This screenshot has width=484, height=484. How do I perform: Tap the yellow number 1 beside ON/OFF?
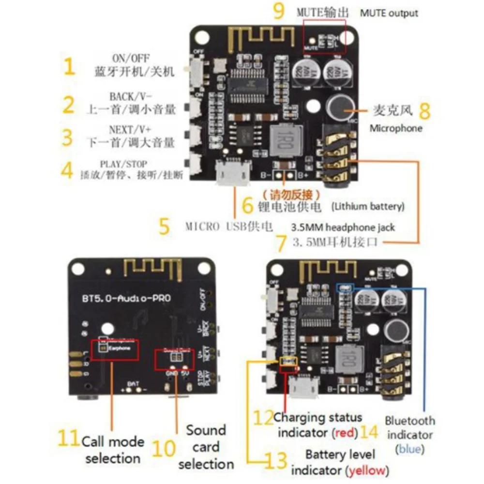pyautogui.click(x=70, y=66)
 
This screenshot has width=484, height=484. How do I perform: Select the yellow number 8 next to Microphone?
pyautogui.click(x=424, y=111)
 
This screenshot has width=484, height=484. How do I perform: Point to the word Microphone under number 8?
pyautogui.click(x=396, y=128)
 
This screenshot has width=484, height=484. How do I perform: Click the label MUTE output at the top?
pyautogui.click(x=389, y=13)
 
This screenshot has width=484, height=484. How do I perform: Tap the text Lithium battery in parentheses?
pyautogui.click(x=368, y=207)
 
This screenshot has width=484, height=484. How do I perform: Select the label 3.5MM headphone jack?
pyautogui.click(x=343, y=227)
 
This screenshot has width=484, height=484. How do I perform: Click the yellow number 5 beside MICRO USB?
pyautogui.click(x=165, y=227)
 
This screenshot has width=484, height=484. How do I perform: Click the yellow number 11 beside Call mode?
pyautogui.click(x=67, y=439)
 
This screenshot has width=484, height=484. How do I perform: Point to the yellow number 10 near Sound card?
pyautogui.click(x=164, y=448)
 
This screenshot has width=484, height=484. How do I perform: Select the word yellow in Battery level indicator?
pyautogui.click(x=368, y=469)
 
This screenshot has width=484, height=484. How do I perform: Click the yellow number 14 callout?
pyautogui.click(x=369, y=432)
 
